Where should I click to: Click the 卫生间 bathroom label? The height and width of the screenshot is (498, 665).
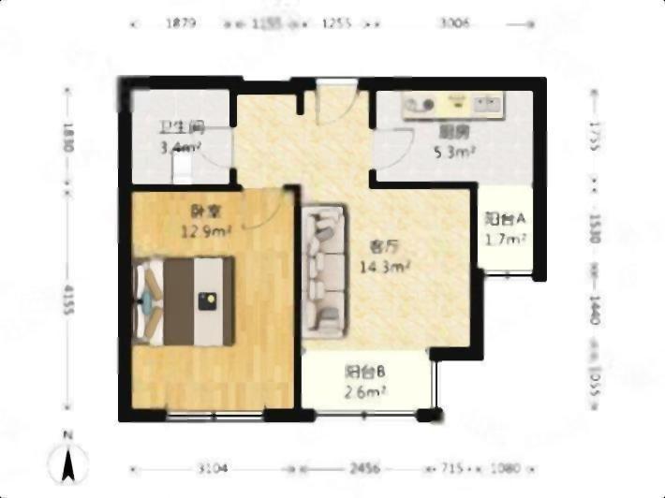[182, 128]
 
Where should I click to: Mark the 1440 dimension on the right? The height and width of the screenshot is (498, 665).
[595, 309]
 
